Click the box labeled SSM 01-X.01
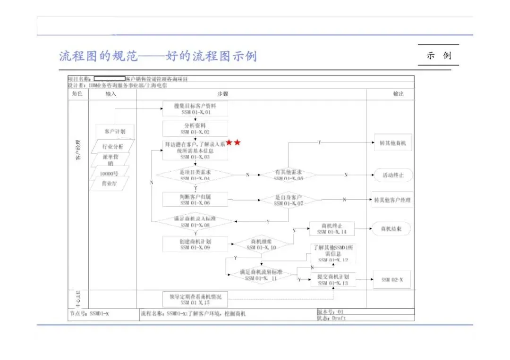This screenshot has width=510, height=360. pos(195,109)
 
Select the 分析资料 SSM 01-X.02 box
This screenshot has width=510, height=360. pos(195,129)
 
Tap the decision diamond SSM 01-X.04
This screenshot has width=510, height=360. pos(195,175)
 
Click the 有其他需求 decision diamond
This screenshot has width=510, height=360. pos(289,175)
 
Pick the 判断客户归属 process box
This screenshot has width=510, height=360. pos(195,199)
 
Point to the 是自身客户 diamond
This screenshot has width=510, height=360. pos(289,200)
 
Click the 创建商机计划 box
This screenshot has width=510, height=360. pos(195,244)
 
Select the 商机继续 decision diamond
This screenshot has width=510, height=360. pos(261,244)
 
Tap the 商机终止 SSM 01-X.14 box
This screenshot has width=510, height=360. pos(331,229)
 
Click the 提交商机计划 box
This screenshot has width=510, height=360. pos(333,280)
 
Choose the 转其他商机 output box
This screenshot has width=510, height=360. pos(392,142)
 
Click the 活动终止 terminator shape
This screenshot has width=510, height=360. pos(392,176)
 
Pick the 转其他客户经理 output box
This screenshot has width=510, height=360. pos(392,200)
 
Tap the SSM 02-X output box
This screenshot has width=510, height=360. pos(392,280)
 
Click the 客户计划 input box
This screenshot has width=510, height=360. pos(111,131)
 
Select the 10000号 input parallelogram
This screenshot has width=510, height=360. pos(110,174)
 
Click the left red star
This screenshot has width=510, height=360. pos(229,142)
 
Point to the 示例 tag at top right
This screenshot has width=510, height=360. pos(439,56)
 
